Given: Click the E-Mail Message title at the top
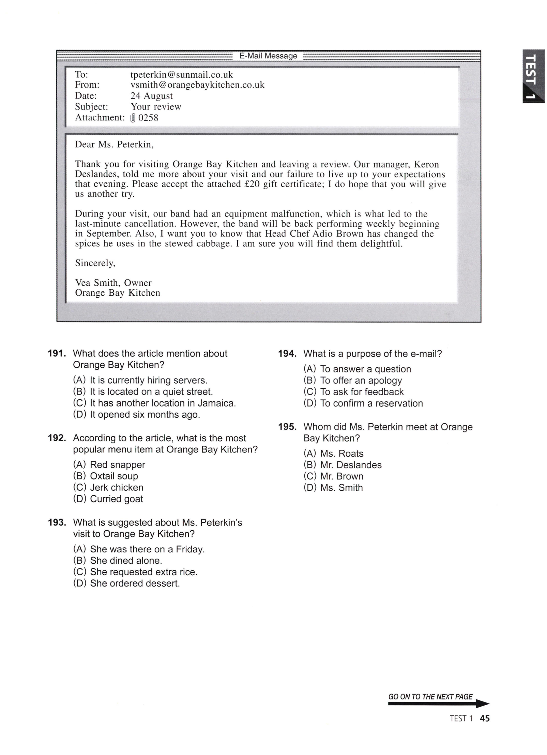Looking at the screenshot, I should [268, 56].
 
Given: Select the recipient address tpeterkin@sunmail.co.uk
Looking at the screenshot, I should [182, 75].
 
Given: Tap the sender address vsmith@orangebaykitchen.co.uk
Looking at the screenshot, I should [197, 85].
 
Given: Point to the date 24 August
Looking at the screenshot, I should [151, 96].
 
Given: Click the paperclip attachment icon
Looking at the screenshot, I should [133, 118].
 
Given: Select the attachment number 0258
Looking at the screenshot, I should [148, 118].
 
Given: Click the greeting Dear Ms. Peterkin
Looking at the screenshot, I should [114, 145].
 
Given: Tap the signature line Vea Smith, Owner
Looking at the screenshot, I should [113, 283].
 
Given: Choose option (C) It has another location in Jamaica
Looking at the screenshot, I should [154, 403].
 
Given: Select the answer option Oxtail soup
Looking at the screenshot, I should [114, 476].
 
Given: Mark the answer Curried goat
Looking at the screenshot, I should [116, 499].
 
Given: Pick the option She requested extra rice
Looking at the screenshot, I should [143, 572].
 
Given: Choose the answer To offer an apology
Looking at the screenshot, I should [361, 381].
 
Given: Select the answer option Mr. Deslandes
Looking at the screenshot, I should [351, 465].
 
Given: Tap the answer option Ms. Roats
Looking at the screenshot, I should [341, 454].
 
